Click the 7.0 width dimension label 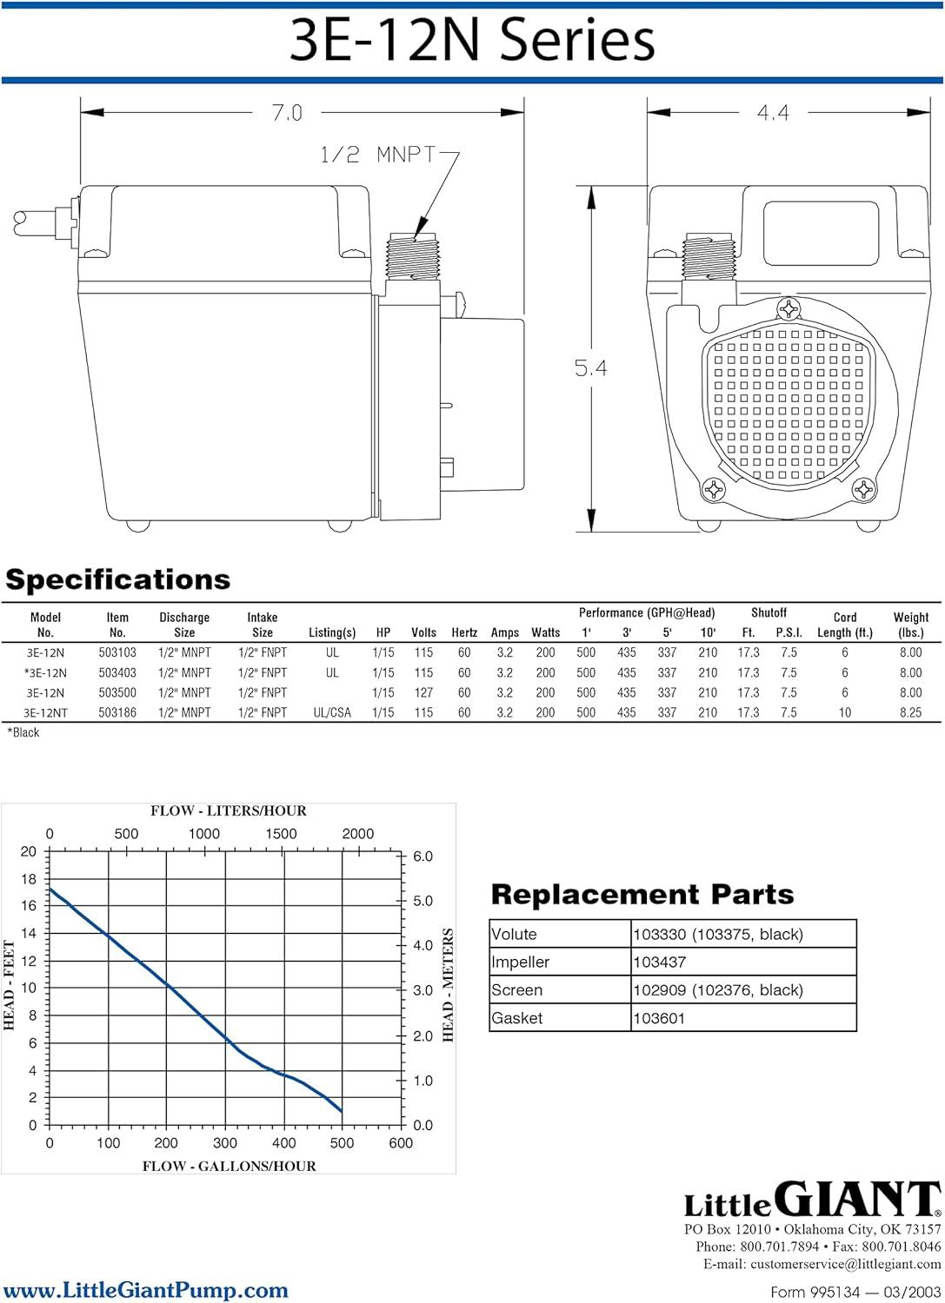click(287, 112)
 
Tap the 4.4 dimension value click(773, 112)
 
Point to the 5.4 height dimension click(590, 367)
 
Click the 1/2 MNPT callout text click(378, 155)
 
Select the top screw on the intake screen click(789, 308)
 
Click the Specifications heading click(117, 580)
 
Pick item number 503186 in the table click(117, 712)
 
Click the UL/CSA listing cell click(332, 712)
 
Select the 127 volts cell click(423, 693)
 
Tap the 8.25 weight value click(910, 712)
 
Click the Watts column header click(546, 632)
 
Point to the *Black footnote click(23, 733)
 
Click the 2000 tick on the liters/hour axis click(357, 834)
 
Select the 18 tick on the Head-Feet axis click(29, 879)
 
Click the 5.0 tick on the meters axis click(423, 901)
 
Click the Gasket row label click(516, 1018)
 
